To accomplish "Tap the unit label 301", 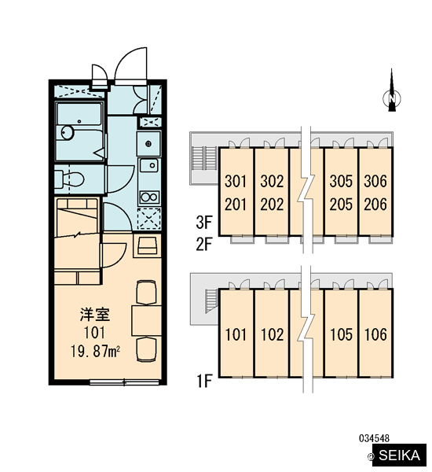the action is (236, 181).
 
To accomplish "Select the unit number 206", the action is (375, 205).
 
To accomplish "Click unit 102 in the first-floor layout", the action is (272, 334).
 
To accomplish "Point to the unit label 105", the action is (341, 334).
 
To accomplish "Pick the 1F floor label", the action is (204, 381).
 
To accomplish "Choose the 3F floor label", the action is (204, 223).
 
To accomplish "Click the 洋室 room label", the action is (95, 314).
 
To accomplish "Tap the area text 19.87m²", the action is (95, 352).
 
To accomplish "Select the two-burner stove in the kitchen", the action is (149, 197).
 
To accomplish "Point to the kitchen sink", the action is (149, 165).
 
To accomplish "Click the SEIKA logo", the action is (399, 455).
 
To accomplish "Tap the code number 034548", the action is (375, 438).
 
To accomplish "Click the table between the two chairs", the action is (146, 321).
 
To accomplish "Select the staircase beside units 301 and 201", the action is (204, 158).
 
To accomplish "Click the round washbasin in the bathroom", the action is (68, 132).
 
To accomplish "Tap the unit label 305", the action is (341, 181).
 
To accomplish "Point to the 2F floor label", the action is (204, 244).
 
